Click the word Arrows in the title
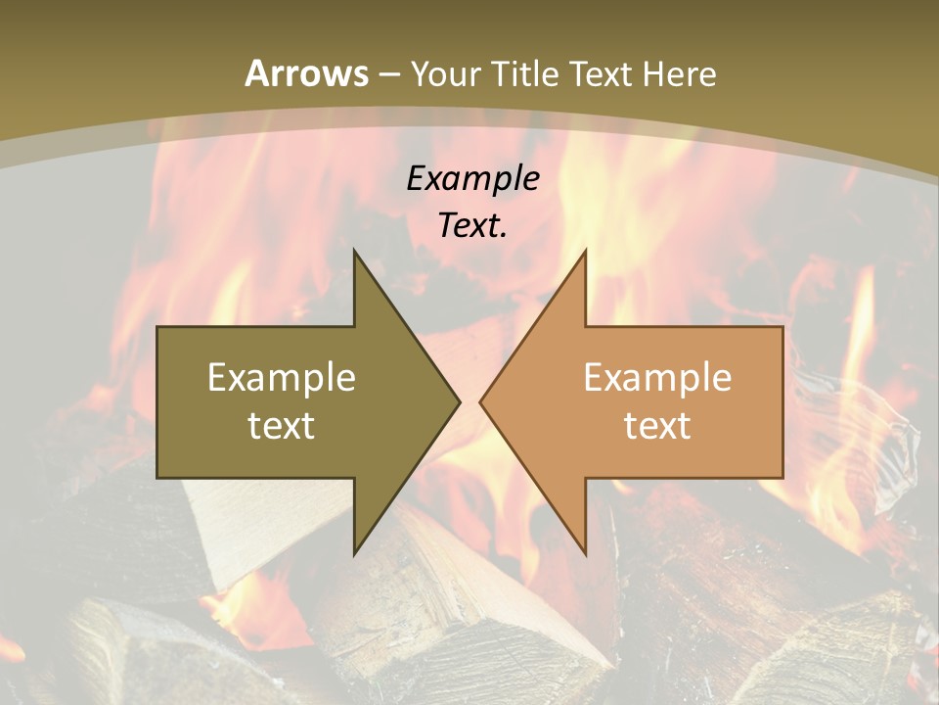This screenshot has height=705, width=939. (x=307, y=74)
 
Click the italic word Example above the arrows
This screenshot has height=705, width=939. (x=473, y=179)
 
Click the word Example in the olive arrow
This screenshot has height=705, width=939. (x=282, y=377)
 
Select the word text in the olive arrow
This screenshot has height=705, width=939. (x=282, y=426)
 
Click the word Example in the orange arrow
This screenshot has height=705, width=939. (x=657, y=377)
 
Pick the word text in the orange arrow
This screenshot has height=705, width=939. (x=657, y=426)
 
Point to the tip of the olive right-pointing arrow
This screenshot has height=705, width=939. (x=460, y=401)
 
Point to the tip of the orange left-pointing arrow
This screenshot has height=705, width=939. (x=479, y=401)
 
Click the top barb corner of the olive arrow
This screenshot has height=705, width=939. (x=354, y=250)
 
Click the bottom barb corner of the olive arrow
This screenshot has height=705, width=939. (x=354, y=554)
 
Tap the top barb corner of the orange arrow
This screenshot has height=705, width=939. (x=585, y=250)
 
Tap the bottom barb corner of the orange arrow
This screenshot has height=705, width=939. (x=585, y=554)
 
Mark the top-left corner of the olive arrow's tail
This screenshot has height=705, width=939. (x=157, y=327)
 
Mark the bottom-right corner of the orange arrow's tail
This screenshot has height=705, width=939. (x=782, y=478)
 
